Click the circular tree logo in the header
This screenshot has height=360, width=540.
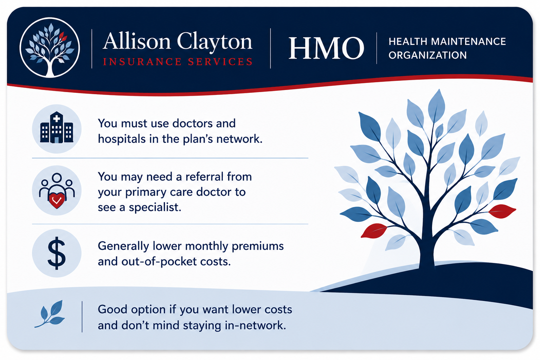(50, 47)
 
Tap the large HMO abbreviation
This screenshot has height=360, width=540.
(326, 48)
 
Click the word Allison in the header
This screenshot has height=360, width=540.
(137, 41)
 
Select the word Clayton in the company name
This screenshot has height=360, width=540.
(214, 43)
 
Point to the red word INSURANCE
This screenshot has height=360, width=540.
(142, 62)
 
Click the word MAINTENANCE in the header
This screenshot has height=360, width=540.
(468, 41)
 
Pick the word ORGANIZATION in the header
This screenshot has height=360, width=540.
(427, 55)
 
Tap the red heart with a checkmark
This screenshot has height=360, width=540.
(57, 200)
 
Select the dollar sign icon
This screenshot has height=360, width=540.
(57, 253)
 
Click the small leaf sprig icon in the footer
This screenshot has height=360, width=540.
(50, 314)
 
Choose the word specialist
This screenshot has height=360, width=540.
(155, 207)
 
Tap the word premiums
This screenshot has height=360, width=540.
(258, 246)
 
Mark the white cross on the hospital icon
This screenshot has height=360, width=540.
(57, 118)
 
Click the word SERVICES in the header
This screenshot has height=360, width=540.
(220, 62)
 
